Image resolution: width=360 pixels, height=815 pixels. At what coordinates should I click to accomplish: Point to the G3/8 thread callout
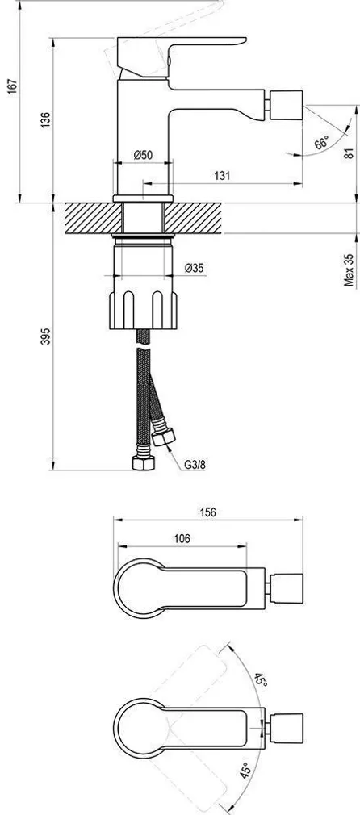coord(194,465)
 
